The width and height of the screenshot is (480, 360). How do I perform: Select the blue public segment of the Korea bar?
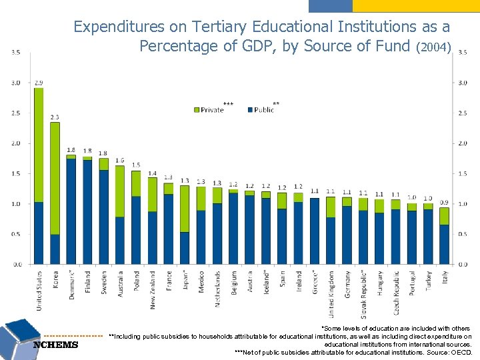pos(55,249)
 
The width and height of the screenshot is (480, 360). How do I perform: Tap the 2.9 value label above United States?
pos(39,83)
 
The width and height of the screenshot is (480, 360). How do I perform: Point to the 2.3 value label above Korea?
pos(55,117)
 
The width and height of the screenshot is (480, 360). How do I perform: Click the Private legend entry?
pos(212,109)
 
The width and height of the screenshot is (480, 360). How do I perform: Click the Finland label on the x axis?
pos(88,281)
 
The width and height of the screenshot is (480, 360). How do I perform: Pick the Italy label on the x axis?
pos(445,279)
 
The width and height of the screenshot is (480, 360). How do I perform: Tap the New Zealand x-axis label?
pos(153,289)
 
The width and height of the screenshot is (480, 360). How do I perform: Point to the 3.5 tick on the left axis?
pos(15,52)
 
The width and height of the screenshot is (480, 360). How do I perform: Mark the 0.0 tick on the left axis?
pos(15,264)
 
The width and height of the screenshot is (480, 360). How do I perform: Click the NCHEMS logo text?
pos(55,345)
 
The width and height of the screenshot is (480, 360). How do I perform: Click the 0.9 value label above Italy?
pos(444,202)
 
